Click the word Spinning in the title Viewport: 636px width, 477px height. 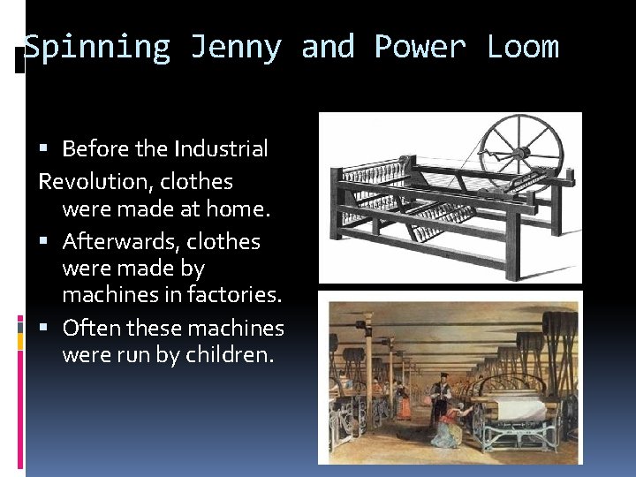[x=96, y=47]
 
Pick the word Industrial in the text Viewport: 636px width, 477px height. [x=221, y=149]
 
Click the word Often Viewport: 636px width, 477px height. [x=91, y=329]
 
